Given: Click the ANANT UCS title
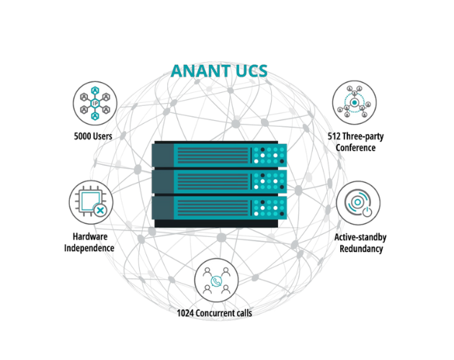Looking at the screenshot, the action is coord(219,71).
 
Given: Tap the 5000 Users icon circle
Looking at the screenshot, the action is coord(95,103).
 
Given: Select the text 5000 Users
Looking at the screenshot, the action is coord(93,136).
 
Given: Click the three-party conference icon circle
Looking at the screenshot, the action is coord(355,102).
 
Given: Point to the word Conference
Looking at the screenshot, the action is coord(355,148).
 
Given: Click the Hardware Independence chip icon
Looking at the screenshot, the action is coord(91,202).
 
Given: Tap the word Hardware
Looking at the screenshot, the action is coord(90,236).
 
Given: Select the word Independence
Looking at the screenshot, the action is coord(89,248).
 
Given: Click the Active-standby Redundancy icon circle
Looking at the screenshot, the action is coord(358,203).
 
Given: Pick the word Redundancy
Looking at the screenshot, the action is coord(361,248).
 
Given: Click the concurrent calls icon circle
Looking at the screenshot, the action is coord(217,280).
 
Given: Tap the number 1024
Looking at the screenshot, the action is coord(185,313).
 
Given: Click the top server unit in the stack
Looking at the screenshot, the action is coord(219,155).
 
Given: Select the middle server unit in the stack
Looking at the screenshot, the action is coord(219,181).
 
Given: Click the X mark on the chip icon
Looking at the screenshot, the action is coord(100,210).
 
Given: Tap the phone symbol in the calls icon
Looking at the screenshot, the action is coord(216,281).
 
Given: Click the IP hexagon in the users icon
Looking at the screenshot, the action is coord(95,103).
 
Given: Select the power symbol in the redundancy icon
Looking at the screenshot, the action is coord(367,212).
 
